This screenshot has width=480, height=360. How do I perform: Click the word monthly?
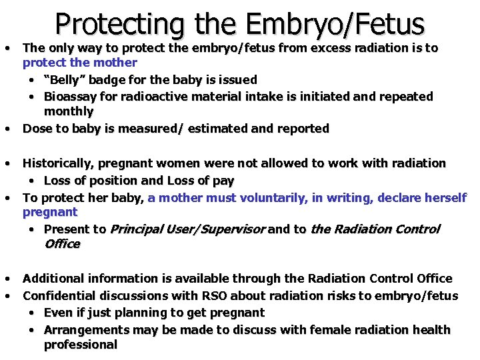(69, 111)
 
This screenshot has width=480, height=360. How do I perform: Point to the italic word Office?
(62, 244)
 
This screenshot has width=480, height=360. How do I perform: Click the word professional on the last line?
(80, 345)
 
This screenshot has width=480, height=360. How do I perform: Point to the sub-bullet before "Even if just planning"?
(33, 313)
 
